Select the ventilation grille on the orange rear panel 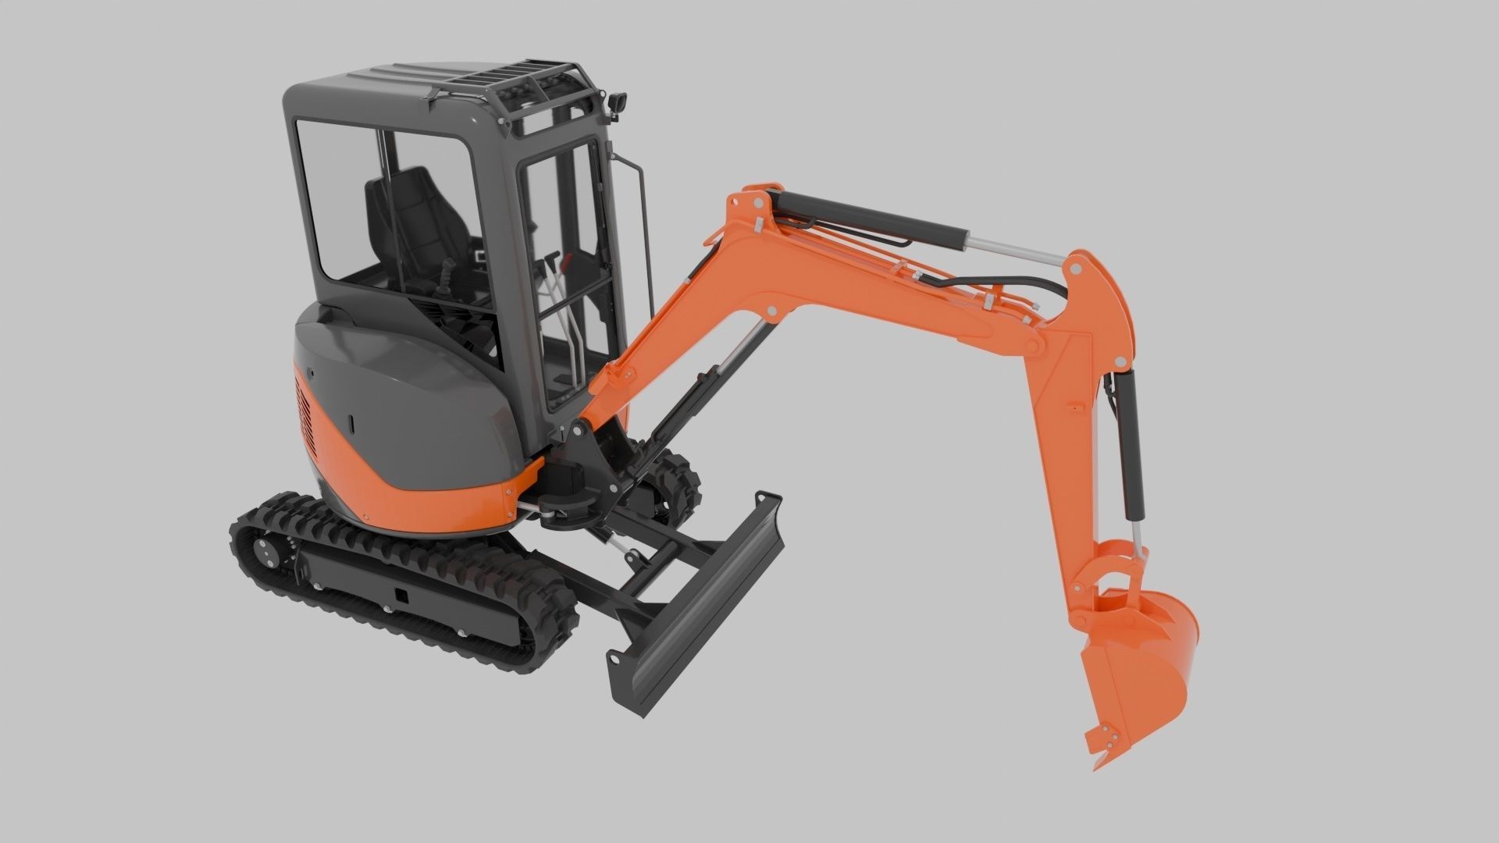pos(304,418)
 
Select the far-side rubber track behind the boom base pos(671,484)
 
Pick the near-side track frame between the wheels pos(406,593)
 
